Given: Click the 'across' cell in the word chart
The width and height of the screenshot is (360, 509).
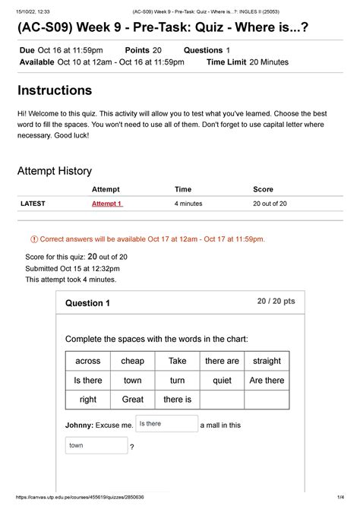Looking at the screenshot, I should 88,361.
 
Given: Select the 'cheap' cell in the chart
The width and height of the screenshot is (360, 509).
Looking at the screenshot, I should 133,361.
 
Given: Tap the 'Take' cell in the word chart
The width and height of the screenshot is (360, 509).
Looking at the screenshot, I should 177,361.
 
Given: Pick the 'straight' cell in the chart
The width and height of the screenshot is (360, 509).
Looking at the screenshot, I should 267,361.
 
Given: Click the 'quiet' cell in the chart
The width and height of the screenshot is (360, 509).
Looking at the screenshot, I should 222,380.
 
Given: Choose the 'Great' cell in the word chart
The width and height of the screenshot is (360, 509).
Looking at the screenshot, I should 133,399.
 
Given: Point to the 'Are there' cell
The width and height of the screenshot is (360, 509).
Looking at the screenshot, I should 267,380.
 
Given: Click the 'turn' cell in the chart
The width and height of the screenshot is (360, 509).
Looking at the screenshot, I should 177,380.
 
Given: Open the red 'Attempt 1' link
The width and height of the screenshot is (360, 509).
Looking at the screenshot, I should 107,204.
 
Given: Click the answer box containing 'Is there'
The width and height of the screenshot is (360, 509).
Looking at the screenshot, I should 166,424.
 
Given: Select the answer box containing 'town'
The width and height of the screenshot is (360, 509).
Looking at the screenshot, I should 96,445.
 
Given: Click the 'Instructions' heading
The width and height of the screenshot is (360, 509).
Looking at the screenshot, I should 55,90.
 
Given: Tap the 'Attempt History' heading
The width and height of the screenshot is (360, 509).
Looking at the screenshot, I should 55,171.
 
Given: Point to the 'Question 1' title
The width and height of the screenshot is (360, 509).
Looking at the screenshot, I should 88,303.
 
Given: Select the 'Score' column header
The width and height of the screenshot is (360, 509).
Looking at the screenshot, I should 263,188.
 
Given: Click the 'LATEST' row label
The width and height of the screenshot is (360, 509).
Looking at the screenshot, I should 33,204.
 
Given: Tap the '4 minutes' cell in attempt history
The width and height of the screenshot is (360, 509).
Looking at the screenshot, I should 188,204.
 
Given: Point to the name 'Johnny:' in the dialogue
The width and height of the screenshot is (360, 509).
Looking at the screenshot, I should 83,425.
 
